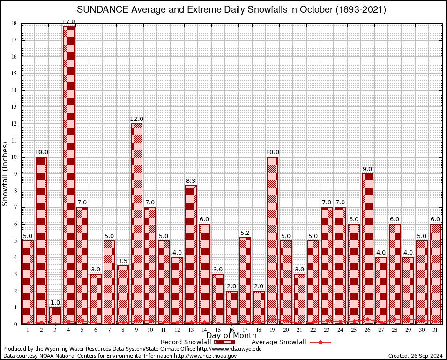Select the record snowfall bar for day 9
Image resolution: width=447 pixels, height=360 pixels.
(136, 224)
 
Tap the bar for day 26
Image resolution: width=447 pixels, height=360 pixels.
(367, 248)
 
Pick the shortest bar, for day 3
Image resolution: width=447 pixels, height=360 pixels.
(55, 315)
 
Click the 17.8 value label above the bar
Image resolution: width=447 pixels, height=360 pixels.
(68, 22)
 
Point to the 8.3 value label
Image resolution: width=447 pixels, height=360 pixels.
(191, 180)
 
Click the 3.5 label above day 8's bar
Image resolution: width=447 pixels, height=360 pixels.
(123, 261)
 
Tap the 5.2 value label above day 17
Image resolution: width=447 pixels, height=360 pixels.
(245, 232)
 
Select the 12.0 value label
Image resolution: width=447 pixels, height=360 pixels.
(136, 119)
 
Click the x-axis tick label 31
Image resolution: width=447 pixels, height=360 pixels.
(435, 330)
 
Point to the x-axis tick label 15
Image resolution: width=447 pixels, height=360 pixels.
(218, 330)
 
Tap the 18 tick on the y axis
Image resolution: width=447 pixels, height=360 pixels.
(14, 23)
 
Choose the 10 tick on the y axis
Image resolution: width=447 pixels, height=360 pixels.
(14, 157)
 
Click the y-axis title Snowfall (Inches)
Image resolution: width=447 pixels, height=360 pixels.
(6, 173)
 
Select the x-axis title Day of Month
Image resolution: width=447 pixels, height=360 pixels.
(231, 336)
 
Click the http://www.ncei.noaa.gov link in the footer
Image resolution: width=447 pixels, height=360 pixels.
(205, 356)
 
